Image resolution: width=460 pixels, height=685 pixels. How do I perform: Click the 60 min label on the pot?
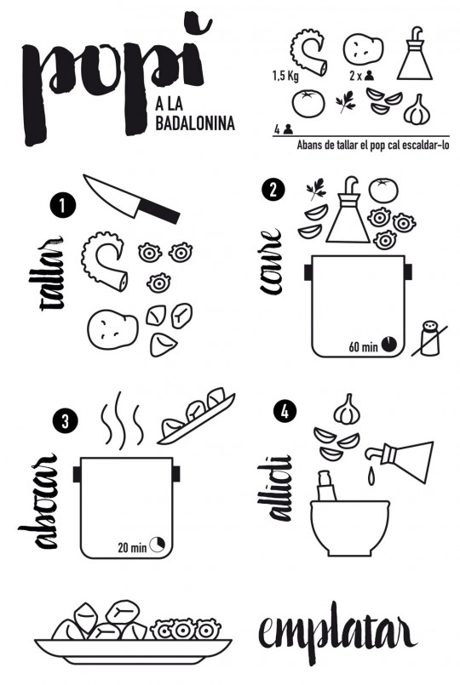(362, 345)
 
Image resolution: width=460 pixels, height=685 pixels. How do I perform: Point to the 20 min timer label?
(132, 546)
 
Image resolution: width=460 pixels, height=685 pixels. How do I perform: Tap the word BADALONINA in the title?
(195, 124)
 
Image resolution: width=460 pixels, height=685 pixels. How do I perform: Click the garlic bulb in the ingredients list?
(416, 109)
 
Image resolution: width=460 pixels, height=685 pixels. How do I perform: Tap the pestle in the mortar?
(327, 488)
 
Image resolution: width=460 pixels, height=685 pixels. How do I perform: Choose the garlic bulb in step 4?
(347, 408)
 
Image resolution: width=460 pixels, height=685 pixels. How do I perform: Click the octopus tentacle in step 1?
(106, 262)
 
